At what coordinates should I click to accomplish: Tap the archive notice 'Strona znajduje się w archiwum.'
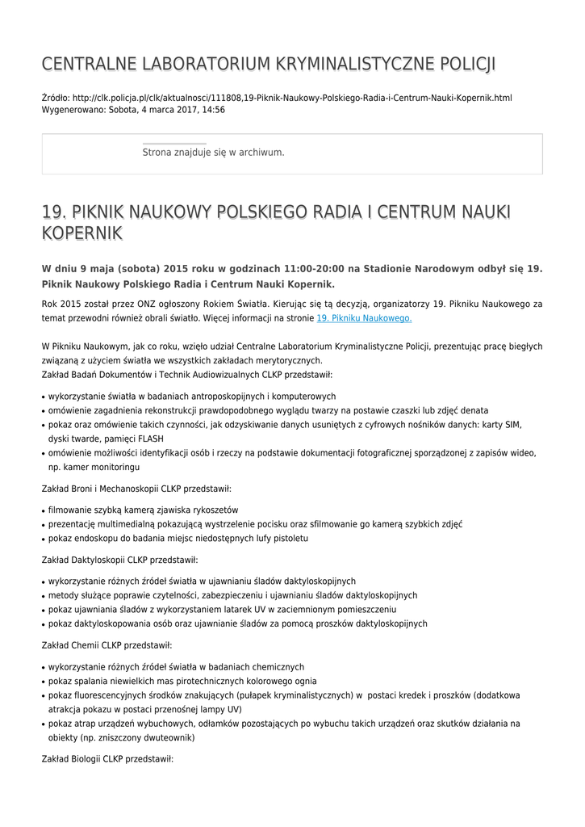(213, 152)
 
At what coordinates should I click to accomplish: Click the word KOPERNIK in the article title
(81, 233)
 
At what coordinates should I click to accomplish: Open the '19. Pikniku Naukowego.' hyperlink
(364, 318)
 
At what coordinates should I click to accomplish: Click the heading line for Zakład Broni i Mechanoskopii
(136, 489)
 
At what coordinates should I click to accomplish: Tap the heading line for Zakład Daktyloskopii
(119, 560)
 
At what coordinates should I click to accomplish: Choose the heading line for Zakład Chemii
(107, 645)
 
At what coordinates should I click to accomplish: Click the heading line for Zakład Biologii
(107, 759)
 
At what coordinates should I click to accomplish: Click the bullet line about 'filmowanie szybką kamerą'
(143, 510)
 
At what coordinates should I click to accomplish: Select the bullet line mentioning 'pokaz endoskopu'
(178, 539)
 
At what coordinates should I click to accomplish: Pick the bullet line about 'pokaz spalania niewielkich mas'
(182, 681)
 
